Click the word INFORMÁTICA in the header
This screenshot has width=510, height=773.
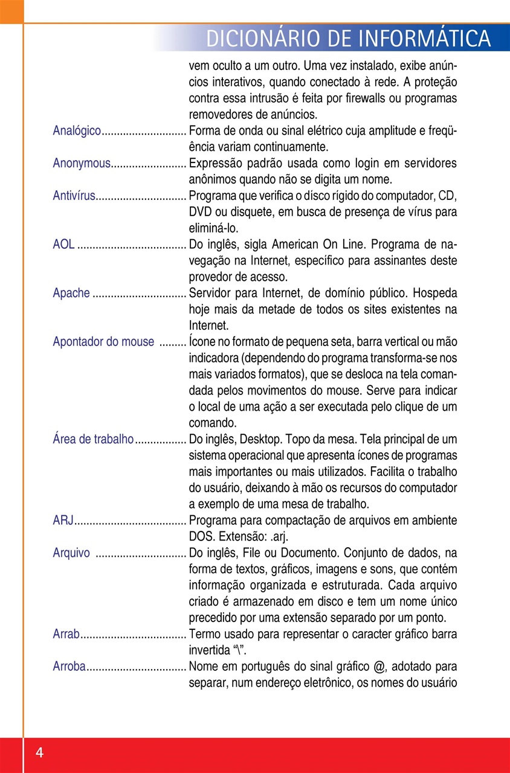(x=425, y=39)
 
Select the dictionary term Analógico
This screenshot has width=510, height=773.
(x=77, y=131)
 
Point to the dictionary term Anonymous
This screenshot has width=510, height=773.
(x=82, y=164)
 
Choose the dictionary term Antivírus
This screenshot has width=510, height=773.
(x=74, y=196)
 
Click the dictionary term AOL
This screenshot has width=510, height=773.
(x=63, y=245)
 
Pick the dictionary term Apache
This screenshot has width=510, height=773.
(x=71, y=293)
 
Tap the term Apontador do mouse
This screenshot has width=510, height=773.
(x=103, y=342)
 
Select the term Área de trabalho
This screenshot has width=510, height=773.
(x=93, y=440)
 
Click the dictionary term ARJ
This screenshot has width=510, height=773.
(x=63, y=521)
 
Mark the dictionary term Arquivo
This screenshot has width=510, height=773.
(x=71, y=553)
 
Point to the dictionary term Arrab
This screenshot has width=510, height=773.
(x=66, y=634)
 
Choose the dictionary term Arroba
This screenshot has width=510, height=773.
(x=69, y=667)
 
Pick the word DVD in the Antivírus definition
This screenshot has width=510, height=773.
(x=200, y=213)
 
